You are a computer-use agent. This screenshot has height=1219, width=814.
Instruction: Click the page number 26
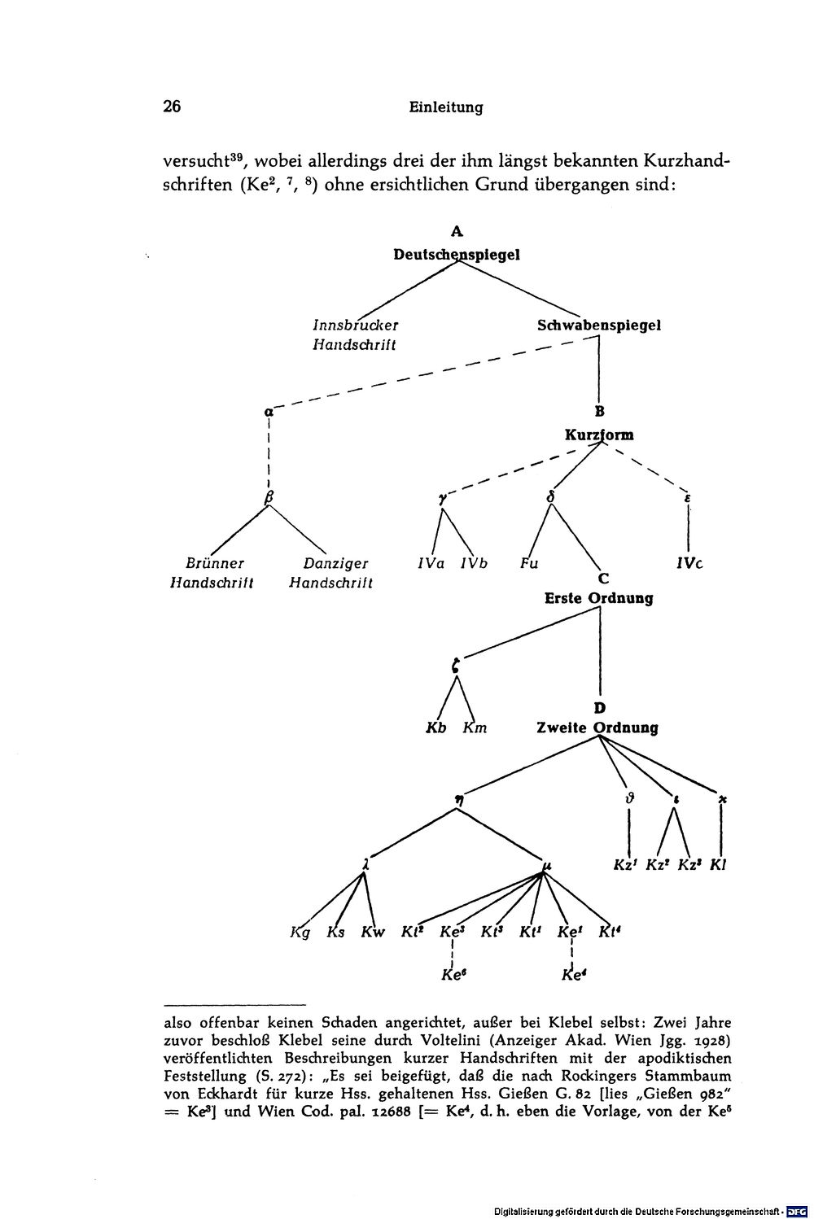coord(172,106)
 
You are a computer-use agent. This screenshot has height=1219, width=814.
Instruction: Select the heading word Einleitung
coord(446,107)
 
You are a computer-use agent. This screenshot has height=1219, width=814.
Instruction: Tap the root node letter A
coord(457,231)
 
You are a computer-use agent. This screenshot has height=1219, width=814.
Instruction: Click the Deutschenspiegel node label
coord(457,255)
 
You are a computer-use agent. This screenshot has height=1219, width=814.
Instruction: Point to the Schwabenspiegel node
coord(599,326)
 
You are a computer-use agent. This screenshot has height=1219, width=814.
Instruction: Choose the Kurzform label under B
coord(599,435)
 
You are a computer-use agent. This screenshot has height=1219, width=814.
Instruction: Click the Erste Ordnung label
coord(599,598)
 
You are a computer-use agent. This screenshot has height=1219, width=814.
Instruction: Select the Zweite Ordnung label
coord(597,727)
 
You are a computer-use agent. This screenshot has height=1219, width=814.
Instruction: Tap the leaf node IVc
coord(689,564)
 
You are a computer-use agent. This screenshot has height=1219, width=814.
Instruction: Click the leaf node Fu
coord(528,563)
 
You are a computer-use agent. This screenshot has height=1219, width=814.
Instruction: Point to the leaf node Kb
coord(436,727)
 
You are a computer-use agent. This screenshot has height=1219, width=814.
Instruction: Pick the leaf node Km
coord(475,727)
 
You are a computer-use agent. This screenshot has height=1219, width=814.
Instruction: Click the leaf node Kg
coord(300,933)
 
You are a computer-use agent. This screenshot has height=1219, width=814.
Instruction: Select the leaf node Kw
coord(373,932)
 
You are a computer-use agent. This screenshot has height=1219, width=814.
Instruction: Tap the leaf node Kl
coord(718,865)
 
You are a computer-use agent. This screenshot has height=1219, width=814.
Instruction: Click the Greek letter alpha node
coord(268,412)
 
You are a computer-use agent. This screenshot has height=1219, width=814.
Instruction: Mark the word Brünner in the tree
coord(215,563)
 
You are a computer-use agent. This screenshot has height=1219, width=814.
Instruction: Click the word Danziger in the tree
coord(335,564)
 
